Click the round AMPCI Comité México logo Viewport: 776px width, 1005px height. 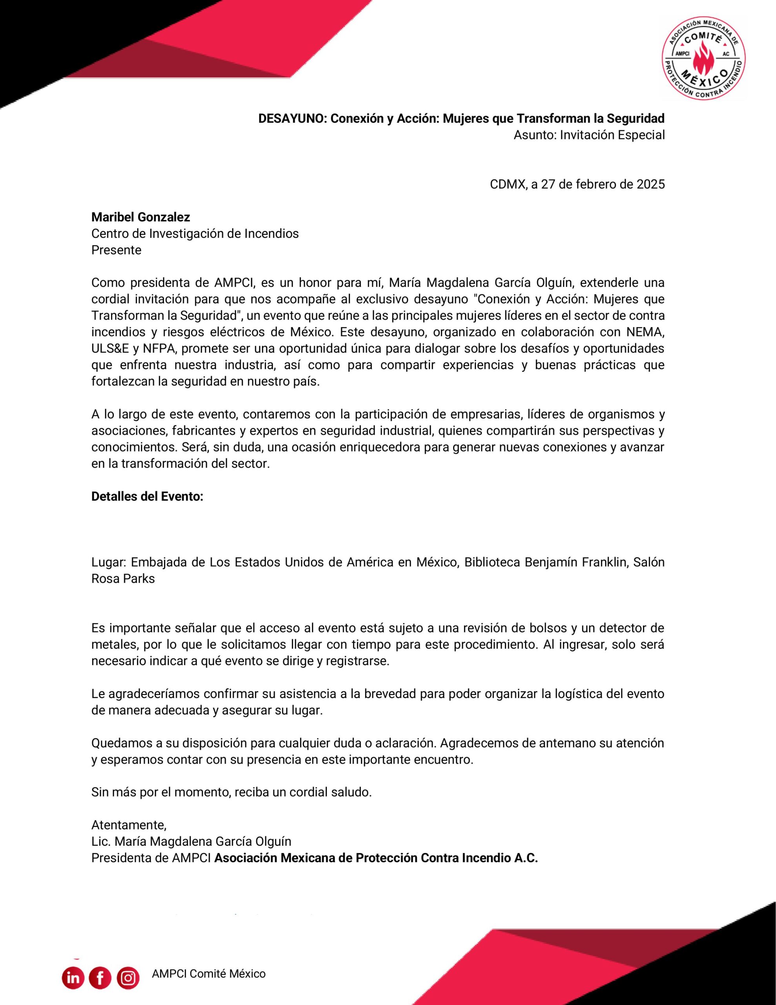704,58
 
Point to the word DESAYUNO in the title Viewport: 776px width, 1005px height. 293,119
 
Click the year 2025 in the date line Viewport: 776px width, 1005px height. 650,185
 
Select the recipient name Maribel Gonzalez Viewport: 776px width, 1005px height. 140,217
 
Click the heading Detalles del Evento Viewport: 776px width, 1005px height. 147,497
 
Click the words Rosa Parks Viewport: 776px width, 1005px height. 123,579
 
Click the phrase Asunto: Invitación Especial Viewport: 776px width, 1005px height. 589,135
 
